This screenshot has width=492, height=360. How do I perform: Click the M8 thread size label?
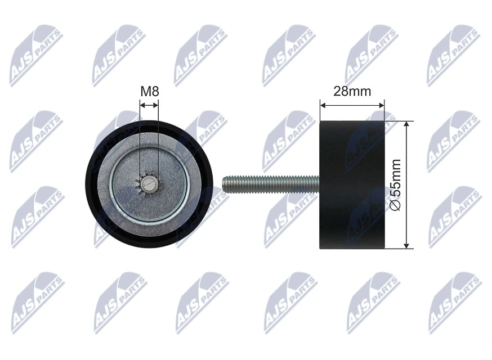click(149, 91)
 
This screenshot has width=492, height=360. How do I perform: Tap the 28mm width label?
click(352, 91)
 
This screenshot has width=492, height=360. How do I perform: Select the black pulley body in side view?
click(352, 184)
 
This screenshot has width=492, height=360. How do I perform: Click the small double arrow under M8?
click(149, 104)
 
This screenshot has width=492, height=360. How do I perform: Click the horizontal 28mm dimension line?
click(352, 104)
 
